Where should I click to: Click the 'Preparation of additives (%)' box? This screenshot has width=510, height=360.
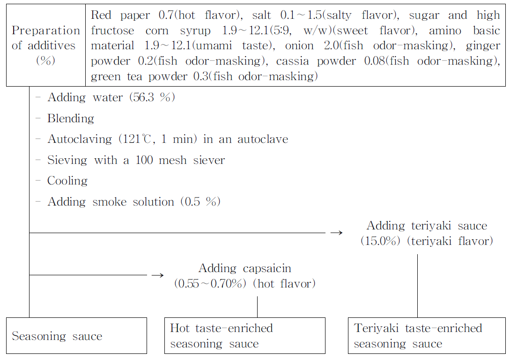[x=46, y=45]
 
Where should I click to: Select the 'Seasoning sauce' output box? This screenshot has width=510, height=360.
[x=76, y=336]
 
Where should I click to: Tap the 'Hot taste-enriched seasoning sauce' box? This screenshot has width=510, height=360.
[x=244, y=336]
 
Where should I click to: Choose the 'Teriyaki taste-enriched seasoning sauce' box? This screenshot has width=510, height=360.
[x=427, y=336]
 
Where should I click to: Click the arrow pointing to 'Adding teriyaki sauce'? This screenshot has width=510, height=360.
[x=336, y=233]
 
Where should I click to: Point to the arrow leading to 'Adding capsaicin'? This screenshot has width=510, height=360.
[x=157, y=275]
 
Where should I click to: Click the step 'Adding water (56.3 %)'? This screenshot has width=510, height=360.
[x=111, y=97]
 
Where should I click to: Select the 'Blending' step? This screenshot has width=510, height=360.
[x=70, y=118]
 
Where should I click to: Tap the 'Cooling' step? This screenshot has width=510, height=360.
[x=67, y=181]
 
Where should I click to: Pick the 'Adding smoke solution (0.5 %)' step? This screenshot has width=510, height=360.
[x=133, y=202]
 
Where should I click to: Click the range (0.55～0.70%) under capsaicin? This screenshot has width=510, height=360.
[x=210, y=284]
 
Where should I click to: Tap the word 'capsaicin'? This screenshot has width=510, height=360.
[x=267, y=268]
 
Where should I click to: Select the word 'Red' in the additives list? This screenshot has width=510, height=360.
[x=101, y=15]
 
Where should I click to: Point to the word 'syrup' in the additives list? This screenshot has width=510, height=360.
[x=196, y=30]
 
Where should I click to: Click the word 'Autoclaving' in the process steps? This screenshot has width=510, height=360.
[x=80, y=139]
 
